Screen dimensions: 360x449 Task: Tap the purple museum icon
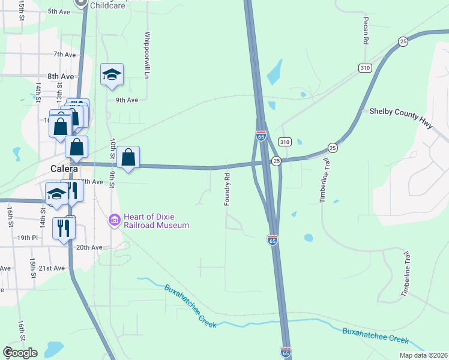[115, 221]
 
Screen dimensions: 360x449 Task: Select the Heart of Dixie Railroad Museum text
[157, 221]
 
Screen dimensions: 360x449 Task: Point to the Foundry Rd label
[228, 190]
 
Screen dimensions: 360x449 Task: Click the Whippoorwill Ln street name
[146, 55]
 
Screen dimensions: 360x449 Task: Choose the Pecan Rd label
[365, 31]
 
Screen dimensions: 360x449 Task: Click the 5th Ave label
[59, 11]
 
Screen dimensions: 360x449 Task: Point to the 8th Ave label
[61, 76]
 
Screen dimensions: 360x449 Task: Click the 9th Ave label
[127, 100]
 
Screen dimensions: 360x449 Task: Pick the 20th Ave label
[89, 247]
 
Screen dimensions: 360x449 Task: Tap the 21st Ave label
[51, 268]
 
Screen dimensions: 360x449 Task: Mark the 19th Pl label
[28, 238]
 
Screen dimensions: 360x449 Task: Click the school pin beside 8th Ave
[112, 74]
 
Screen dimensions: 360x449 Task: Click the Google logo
[20, 353]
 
